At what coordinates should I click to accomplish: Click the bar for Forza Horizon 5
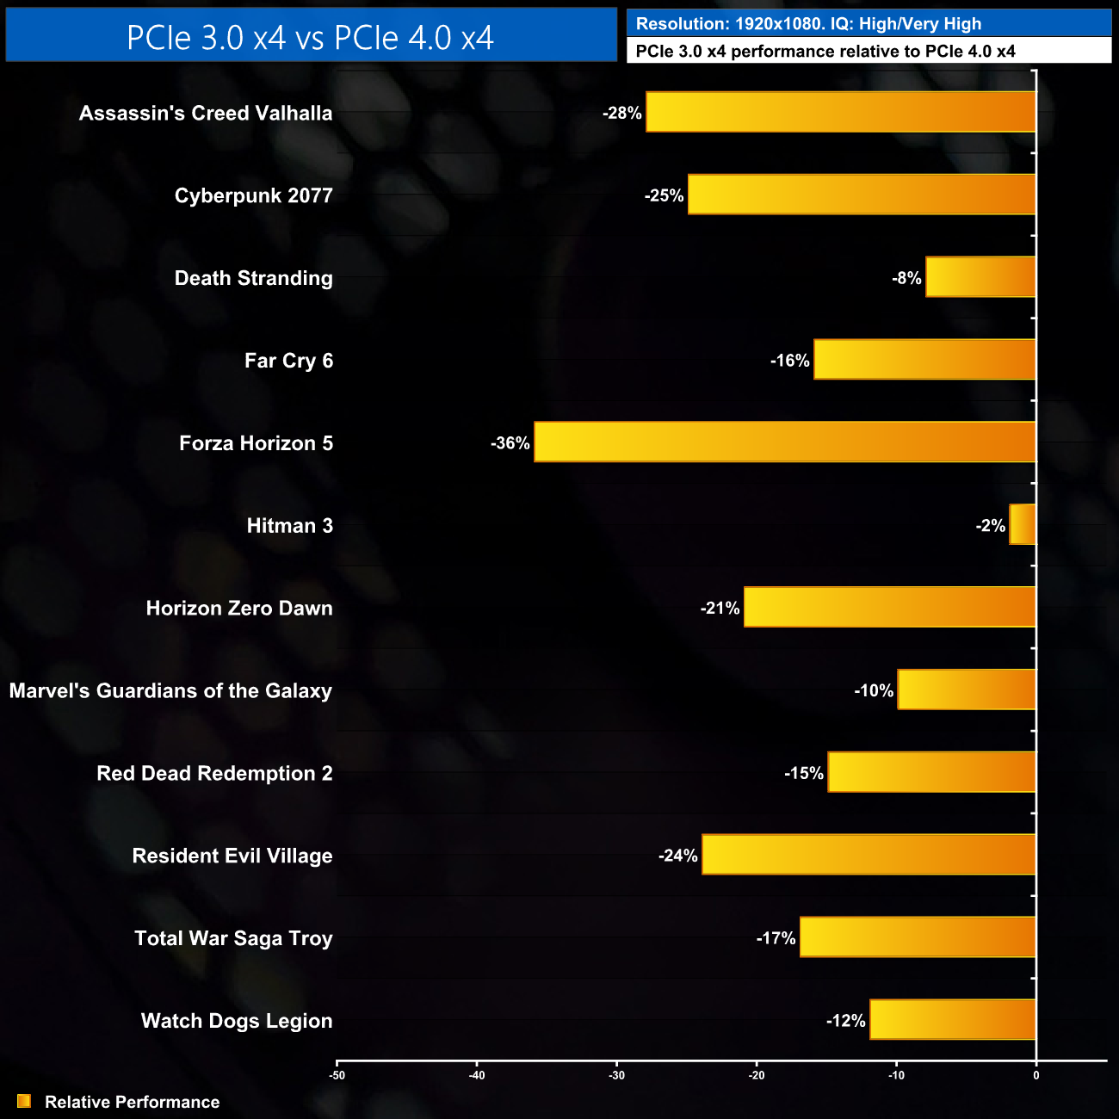(x=784, y=442)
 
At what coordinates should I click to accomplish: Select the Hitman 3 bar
(x=1023, y=525)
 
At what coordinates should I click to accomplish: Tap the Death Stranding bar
(x=980, y=277)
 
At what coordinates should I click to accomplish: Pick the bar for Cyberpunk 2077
(x=862, y=195)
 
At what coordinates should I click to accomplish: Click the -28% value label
(x=622, y=113)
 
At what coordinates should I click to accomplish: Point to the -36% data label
(x=510, y=443)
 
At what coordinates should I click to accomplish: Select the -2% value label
(x=991, y=526)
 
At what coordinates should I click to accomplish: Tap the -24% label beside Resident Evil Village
(x=678, y=856)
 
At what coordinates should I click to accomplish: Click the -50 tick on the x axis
(x=337, y=1075)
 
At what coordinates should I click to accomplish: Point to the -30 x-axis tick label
(x=616, y=1075)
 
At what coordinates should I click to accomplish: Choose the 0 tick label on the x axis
(x=1036, y=1075)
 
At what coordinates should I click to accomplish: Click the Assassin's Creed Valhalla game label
(x=206, y=113)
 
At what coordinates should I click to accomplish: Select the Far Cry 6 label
(x=288, y=361)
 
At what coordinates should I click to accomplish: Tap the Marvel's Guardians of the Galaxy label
(x=170, y=691)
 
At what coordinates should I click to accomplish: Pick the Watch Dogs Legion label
(x=237, y=1021)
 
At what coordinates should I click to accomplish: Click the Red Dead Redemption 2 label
(x=214, y=773)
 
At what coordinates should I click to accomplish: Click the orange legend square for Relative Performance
(x=24, y=1102)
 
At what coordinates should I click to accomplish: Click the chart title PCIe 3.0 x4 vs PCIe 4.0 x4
(x=311, y=38)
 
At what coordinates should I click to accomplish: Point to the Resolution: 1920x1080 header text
(x=808, y=24)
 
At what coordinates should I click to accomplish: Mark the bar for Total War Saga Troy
(x=918, y=937)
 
